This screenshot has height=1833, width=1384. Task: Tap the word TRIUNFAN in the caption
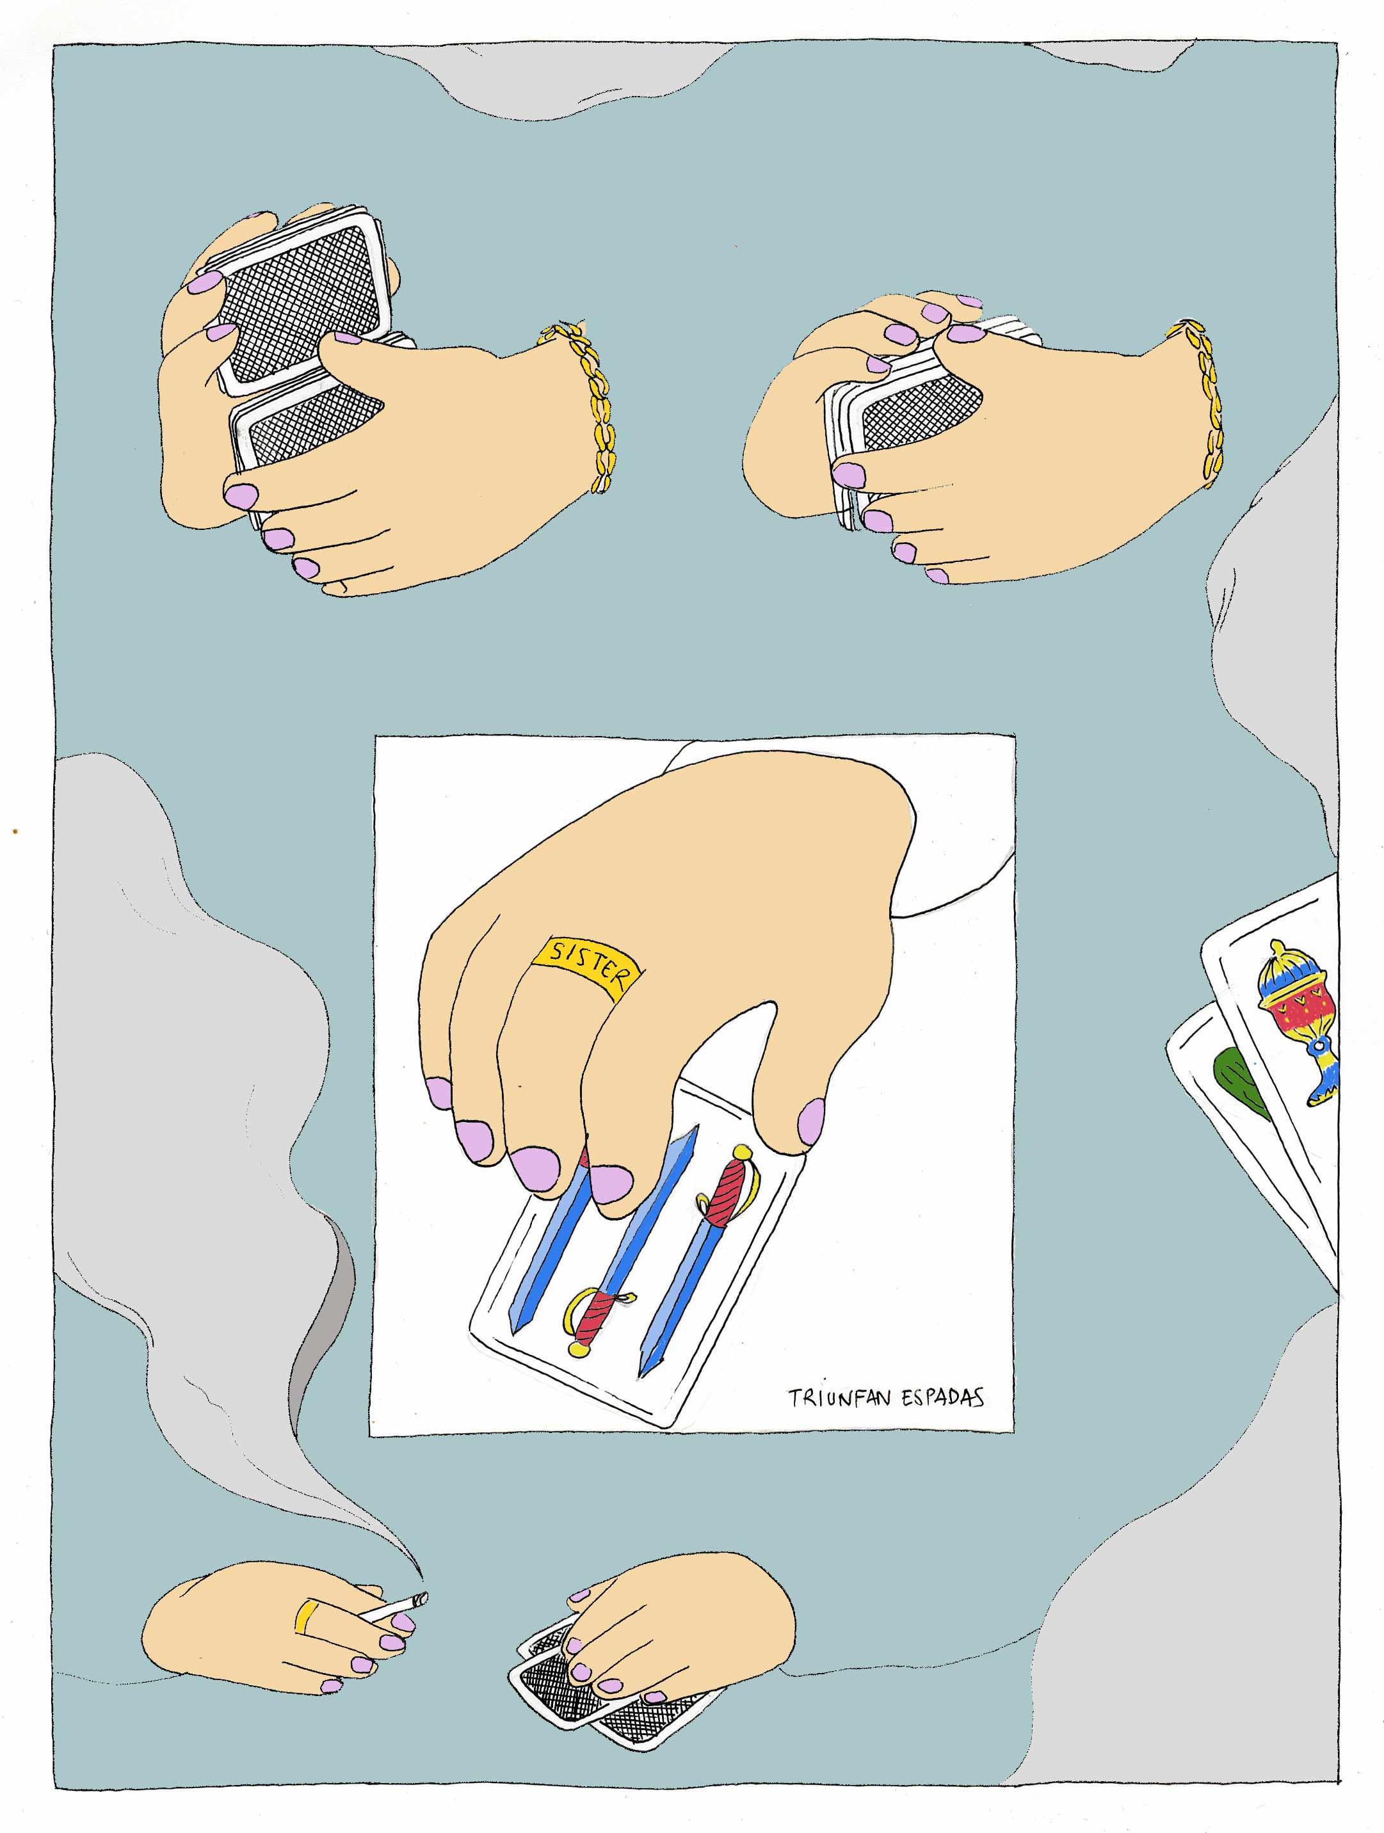[839, 1398]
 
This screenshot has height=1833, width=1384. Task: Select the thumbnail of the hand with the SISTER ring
[811, 1122]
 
